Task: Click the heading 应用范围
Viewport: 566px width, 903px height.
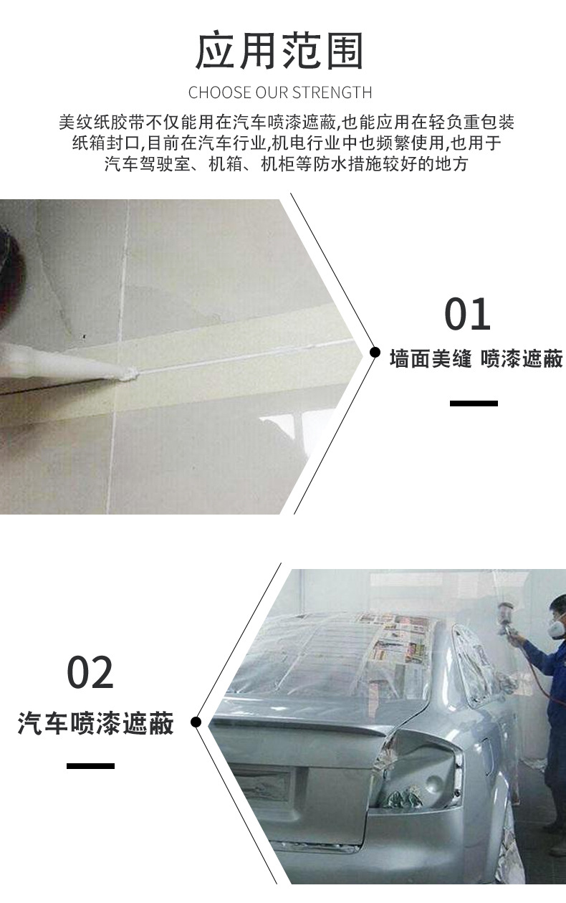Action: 280,51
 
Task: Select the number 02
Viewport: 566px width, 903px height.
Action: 90,672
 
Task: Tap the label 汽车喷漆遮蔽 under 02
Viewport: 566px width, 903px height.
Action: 95,723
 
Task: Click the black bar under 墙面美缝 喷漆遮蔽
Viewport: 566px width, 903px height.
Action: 474,403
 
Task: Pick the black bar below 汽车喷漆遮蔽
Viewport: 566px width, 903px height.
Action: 90,766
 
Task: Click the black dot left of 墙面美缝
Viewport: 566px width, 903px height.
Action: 374,353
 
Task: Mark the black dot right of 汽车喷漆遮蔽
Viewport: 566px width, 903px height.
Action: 196,722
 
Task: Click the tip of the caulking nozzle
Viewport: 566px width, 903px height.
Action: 128,373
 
